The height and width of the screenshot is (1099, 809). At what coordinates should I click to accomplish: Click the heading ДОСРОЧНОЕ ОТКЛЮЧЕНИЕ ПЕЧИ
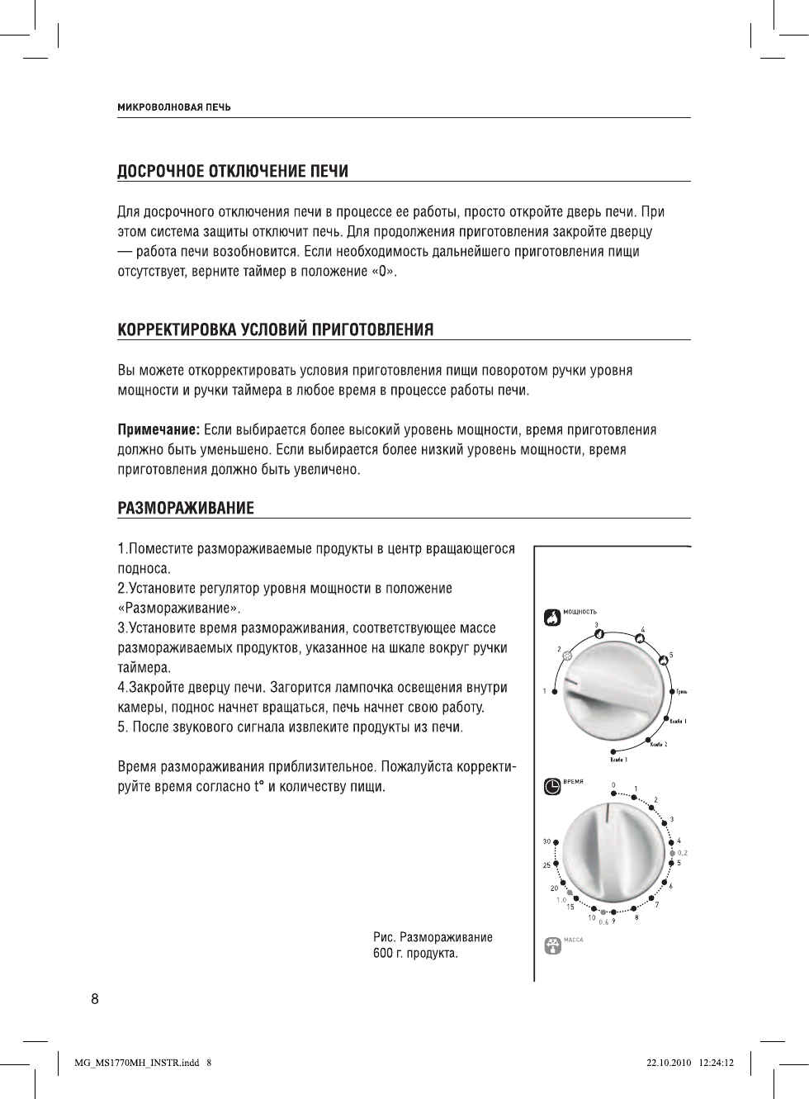(x=232, y=172)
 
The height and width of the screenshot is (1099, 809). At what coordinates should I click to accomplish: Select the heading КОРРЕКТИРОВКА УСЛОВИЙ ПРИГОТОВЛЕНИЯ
(x=276, y=330)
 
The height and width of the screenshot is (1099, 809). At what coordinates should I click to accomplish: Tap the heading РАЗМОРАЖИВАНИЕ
(x=186, y=508)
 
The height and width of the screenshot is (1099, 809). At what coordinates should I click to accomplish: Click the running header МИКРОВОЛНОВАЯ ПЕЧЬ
(x=173, y=107)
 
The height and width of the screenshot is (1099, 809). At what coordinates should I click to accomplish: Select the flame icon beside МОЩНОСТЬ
(x=551, y=617)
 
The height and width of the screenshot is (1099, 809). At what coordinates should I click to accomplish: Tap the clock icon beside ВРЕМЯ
(x=551, y=787)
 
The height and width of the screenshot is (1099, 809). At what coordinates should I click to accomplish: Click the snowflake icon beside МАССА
(x=551, y=945)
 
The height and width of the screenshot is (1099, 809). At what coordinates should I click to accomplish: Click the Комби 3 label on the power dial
(x=618, y=760)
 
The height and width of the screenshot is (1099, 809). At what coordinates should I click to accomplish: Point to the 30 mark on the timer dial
(x=546, y=841)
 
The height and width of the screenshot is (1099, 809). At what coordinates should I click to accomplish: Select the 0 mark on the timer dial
(x=613, y=785)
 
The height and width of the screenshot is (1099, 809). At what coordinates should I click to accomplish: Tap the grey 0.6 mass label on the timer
(x=603, y=922)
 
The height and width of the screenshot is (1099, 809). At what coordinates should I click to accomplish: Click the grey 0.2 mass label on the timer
(x=683, y=852)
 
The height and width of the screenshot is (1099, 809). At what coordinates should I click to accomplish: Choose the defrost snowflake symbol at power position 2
(x=568, y=656)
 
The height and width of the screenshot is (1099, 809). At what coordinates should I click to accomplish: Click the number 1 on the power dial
(x=545, y=691)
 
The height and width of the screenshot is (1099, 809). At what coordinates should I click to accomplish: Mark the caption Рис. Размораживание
(x=433, y=938)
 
